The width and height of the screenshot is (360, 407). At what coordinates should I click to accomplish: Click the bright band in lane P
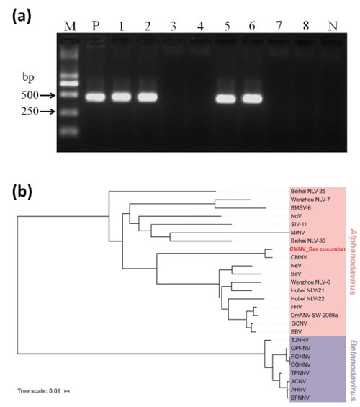point(96,97)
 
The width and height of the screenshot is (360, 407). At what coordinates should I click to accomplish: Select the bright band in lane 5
point(226,99)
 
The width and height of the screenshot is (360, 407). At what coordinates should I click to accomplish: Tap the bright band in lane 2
point(148,97)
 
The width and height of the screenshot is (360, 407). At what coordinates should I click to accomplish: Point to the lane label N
point(333,26)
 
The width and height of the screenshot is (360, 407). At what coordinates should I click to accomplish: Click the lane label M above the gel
point(70,26)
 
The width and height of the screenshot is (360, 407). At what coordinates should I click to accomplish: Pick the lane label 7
point(279,26)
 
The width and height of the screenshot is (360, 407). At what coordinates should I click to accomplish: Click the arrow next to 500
point(48,96)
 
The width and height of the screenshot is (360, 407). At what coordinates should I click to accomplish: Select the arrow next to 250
point(48,112)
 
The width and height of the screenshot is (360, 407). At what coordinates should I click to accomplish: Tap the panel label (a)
point(22,17)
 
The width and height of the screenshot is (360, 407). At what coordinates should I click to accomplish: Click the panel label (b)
point(22,192)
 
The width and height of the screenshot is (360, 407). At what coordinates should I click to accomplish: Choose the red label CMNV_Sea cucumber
point(318,249)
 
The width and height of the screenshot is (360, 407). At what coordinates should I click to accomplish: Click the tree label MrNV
point(298,233)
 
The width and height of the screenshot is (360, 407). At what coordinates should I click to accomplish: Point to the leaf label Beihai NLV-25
point(308,192)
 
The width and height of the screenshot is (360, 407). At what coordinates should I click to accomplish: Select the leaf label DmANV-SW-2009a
point(314,316)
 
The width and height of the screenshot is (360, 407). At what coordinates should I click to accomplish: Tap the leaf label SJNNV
point(300,340)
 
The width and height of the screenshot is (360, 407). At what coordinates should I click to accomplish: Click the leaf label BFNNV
point(300,398)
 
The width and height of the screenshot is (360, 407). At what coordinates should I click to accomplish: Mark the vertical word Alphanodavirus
point(353,262)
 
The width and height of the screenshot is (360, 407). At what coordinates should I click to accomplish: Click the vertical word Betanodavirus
point(353,371)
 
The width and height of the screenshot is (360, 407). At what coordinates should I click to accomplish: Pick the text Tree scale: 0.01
point(39,391)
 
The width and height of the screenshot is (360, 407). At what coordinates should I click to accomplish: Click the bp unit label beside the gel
point(28,77)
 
